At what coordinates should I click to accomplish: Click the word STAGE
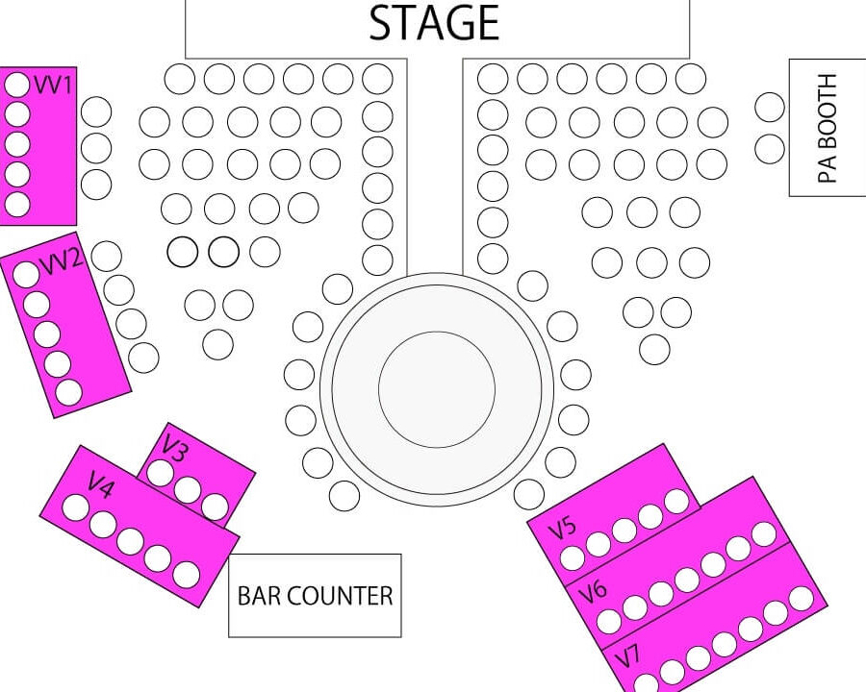[x=434, y=23]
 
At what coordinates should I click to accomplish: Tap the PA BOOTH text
[x=827, y=128]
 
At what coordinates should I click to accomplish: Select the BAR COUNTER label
[x=315, y=596]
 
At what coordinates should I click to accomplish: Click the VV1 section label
[x=53, y=85]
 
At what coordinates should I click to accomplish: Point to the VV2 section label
[x=63, y=259]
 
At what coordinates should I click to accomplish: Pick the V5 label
[x=562, y=529]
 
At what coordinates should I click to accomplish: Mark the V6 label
[x=593, y=592]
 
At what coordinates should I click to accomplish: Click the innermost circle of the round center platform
[x=437, y=389]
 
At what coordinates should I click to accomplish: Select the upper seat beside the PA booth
[x=770, y=107]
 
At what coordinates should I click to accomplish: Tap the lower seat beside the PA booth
[x=770, y=148]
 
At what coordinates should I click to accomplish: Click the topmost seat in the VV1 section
[x=17, y=85]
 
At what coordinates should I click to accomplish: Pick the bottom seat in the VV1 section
[x=17, y=204]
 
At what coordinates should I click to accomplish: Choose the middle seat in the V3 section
[x=188, y=489]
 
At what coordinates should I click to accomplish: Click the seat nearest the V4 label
[x=76, y=507]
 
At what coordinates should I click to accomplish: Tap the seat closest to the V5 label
[x=573, y=557]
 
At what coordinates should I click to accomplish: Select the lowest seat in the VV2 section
[x=69, y=392]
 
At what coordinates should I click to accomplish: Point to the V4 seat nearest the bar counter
[x=186, y=576]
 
